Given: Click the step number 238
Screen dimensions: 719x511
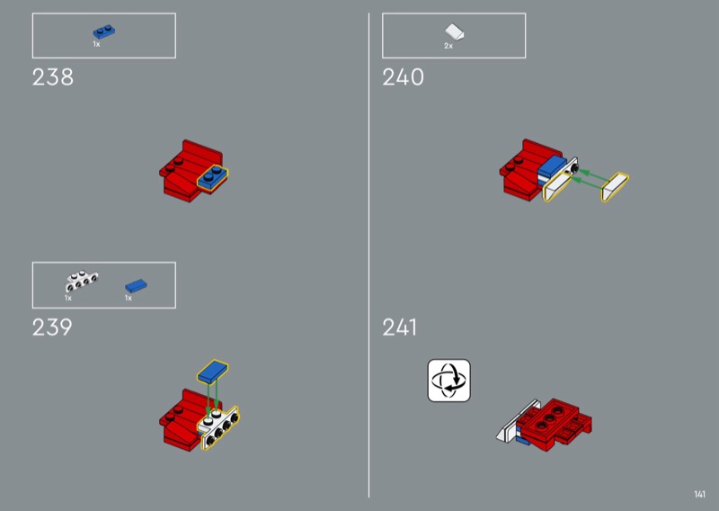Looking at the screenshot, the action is pos(53,77).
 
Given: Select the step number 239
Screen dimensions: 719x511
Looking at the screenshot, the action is pos(52,327).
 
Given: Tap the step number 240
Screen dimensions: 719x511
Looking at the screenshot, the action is pos(403,77).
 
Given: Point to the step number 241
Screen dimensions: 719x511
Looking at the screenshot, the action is pos(400,327).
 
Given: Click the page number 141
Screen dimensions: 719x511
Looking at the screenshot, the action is pos(700,494).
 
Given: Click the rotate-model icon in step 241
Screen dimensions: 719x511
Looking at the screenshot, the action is pos(448,381).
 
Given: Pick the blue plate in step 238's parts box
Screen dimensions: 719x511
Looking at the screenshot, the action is pos(104,31).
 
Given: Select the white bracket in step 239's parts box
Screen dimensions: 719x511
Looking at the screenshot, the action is pos(81,281).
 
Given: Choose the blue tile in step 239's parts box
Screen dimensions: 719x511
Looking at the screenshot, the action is pos(137,286).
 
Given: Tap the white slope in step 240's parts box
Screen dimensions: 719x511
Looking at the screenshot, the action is pos(455,32).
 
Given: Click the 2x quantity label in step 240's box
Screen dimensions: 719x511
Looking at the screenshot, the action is pos(448,46).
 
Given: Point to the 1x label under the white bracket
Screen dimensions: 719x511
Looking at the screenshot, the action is pos(68,298).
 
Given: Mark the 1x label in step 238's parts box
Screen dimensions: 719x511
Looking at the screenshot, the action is pos(97,44).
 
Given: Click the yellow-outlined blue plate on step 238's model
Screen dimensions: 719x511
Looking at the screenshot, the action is pos(213,176).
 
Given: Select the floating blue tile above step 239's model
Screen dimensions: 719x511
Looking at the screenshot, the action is pos(213,372).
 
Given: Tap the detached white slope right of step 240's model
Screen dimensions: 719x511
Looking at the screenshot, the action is pos(615,187).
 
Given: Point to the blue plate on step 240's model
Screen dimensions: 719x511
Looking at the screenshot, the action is pos(552,166).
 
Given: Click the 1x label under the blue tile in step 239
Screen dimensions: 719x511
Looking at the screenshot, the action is pos(129,298).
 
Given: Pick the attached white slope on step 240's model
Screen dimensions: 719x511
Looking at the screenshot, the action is pos(556,186).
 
